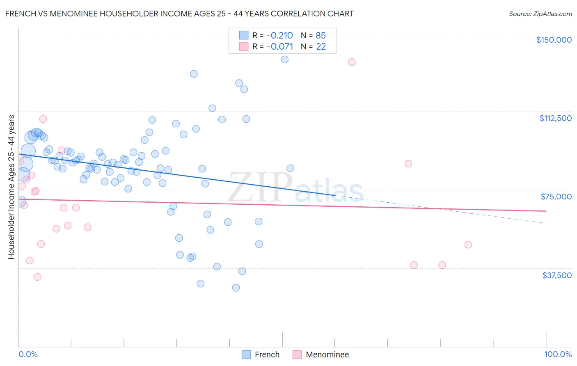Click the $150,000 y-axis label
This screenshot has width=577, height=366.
point(554,40)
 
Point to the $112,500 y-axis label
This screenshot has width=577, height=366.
point(555,118)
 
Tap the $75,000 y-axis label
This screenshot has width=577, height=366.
point(556,197)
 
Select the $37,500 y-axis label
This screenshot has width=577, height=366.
point(557,275)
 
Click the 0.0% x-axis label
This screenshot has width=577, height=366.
point(28,354)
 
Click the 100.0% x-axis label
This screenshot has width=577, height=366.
point(558,354)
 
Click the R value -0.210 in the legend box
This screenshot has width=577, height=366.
point(279,35)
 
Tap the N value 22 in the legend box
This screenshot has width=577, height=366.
point(321,47)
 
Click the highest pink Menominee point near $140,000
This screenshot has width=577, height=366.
point(352,62)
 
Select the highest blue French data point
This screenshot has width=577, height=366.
point(284,59)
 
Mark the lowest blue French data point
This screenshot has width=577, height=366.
point(236,288)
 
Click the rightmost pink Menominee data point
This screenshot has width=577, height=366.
point(468,245)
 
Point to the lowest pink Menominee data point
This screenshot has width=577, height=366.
point(37,277)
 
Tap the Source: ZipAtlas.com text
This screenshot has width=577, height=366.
point(540,14)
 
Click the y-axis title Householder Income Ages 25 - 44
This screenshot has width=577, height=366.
point(11,187)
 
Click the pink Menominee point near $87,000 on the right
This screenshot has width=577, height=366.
point(408,164)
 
